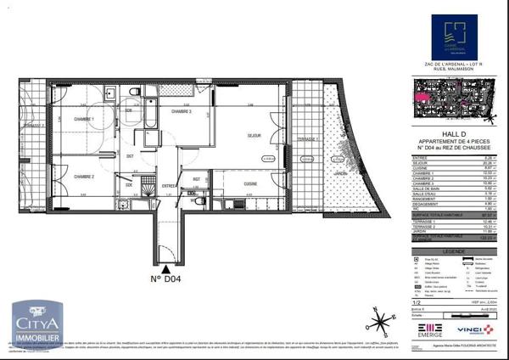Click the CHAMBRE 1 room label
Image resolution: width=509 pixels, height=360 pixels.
pos(81,120)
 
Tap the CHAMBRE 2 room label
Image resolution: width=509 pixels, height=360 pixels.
pos(82,177)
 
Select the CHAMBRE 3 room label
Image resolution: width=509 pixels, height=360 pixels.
pos(182,112)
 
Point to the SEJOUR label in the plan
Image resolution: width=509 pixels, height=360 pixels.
pos(253,136)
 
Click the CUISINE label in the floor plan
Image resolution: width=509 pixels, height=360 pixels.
pos(251,183)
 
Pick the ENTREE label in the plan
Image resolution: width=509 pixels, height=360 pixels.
pos(169,185)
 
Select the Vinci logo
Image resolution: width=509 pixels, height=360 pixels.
pos(473,329)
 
